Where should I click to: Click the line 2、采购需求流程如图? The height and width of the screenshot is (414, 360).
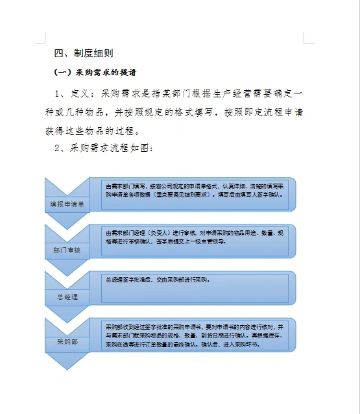[104, 148]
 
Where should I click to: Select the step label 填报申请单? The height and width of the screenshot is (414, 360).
[67, 204]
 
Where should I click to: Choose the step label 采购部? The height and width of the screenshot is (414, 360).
[67, 341]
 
